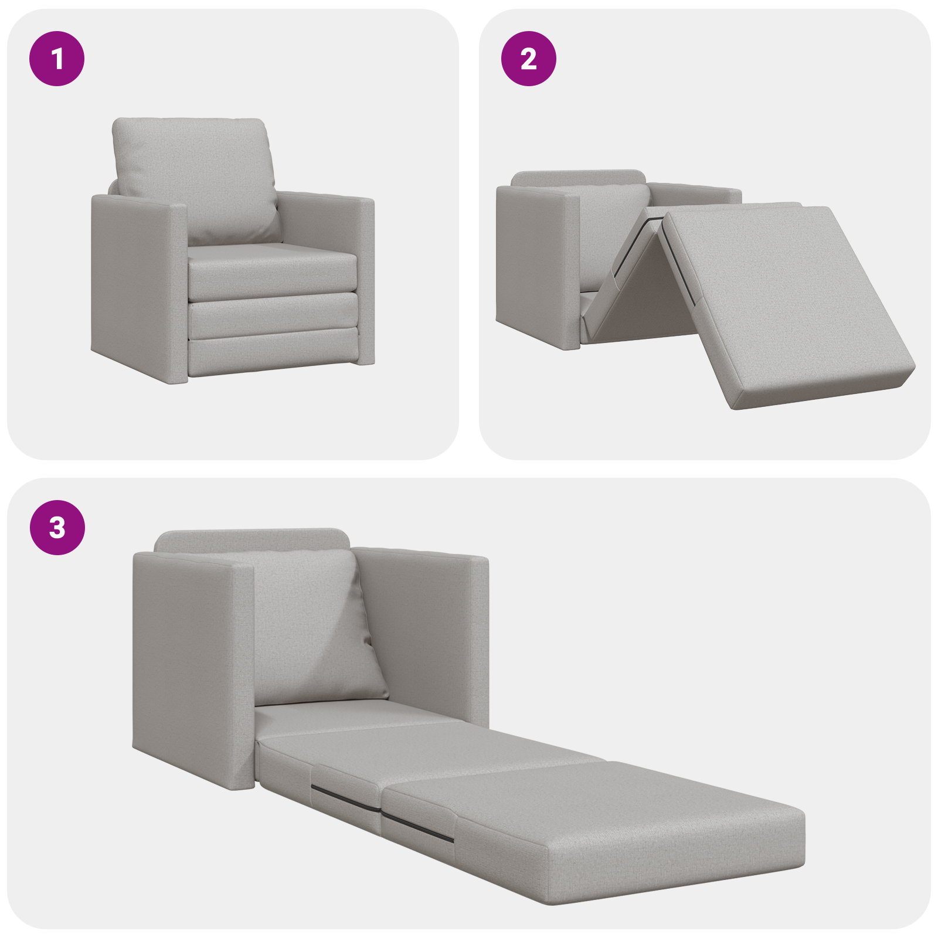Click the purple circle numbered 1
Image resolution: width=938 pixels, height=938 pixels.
click(57, 59)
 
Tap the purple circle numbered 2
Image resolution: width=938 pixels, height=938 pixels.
click(528, 59)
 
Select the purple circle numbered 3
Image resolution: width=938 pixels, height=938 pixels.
click(57, 528)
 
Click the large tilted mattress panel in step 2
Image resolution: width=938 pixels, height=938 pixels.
click(786, 299)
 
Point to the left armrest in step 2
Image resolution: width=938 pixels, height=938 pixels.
click(536, 264)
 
